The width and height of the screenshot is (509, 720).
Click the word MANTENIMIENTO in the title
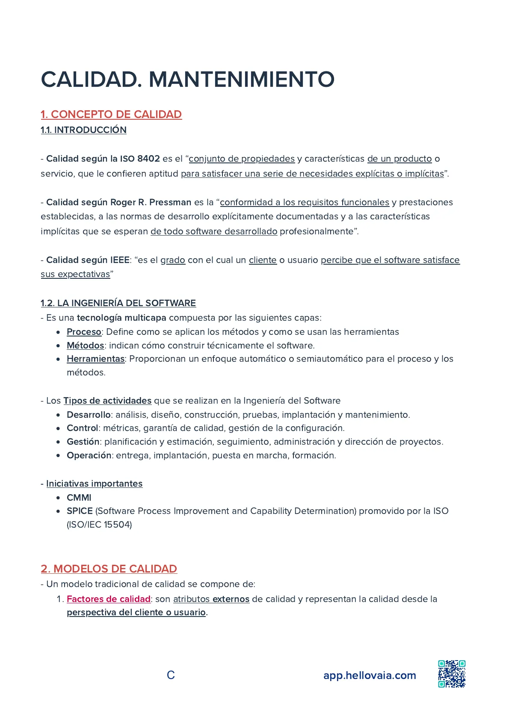(x=241, y=80)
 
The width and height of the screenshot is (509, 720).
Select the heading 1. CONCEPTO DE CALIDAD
(x=111, y=115)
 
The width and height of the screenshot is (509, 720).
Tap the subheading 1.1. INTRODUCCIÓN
(x=83, y=130)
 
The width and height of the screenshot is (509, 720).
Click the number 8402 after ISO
(x=148, y=159)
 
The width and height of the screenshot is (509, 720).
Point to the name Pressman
(x=170, y=202)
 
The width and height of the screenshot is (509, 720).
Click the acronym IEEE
(x=120, y=260)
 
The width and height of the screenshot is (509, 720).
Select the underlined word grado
(x=173, y=260)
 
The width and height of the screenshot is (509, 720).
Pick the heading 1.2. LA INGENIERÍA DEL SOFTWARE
(x=118, y=303)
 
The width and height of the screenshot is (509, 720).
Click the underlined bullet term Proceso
(x=84, y=332)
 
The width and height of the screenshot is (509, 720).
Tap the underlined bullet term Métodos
(x=86, y=345)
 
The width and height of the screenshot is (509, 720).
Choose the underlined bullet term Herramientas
(x=95, y=359)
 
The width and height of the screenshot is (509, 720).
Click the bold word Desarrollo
(x=89, y=415)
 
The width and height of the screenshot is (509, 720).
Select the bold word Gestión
(x=83, y=442)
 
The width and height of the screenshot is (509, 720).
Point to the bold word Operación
(x=89, y=455)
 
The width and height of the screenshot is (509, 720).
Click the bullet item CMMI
(x=79, y=498)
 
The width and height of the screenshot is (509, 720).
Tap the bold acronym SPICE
(x=80, y=511)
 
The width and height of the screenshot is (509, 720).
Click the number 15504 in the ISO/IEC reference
(x=118, y=525)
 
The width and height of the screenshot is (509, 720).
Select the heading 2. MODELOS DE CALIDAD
(x=109, y=569)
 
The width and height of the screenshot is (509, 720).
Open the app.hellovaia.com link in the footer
(x=370, y=676)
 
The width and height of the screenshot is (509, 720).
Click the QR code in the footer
(x=452, y=674)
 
